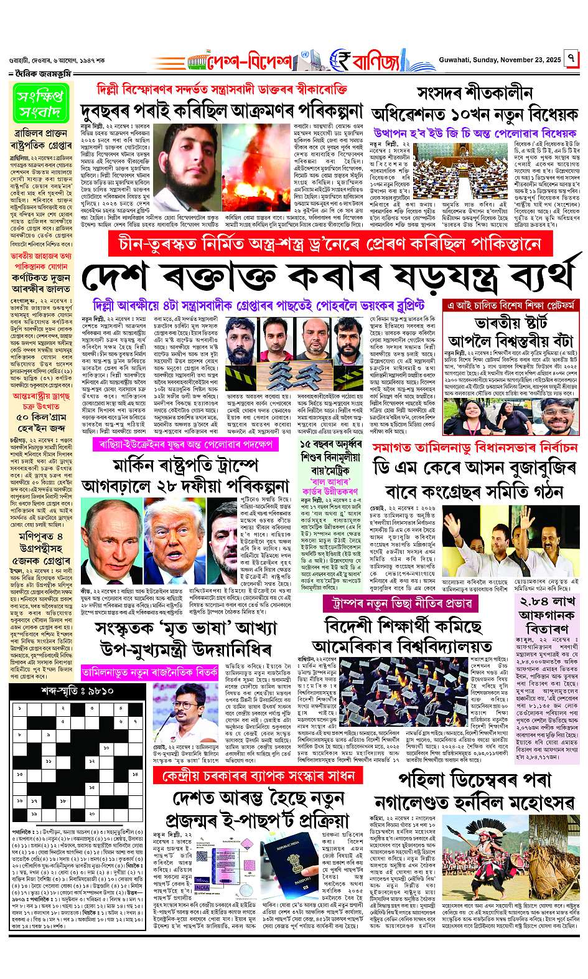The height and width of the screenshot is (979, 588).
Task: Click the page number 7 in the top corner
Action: tap(572, 60)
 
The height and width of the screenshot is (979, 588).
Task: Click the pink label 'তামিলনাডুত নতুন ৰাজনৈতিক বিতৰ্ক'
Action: tap(149, 671)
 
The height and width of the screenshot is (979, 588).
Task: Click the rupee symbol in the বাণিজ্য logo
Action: tap(340, 60)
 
